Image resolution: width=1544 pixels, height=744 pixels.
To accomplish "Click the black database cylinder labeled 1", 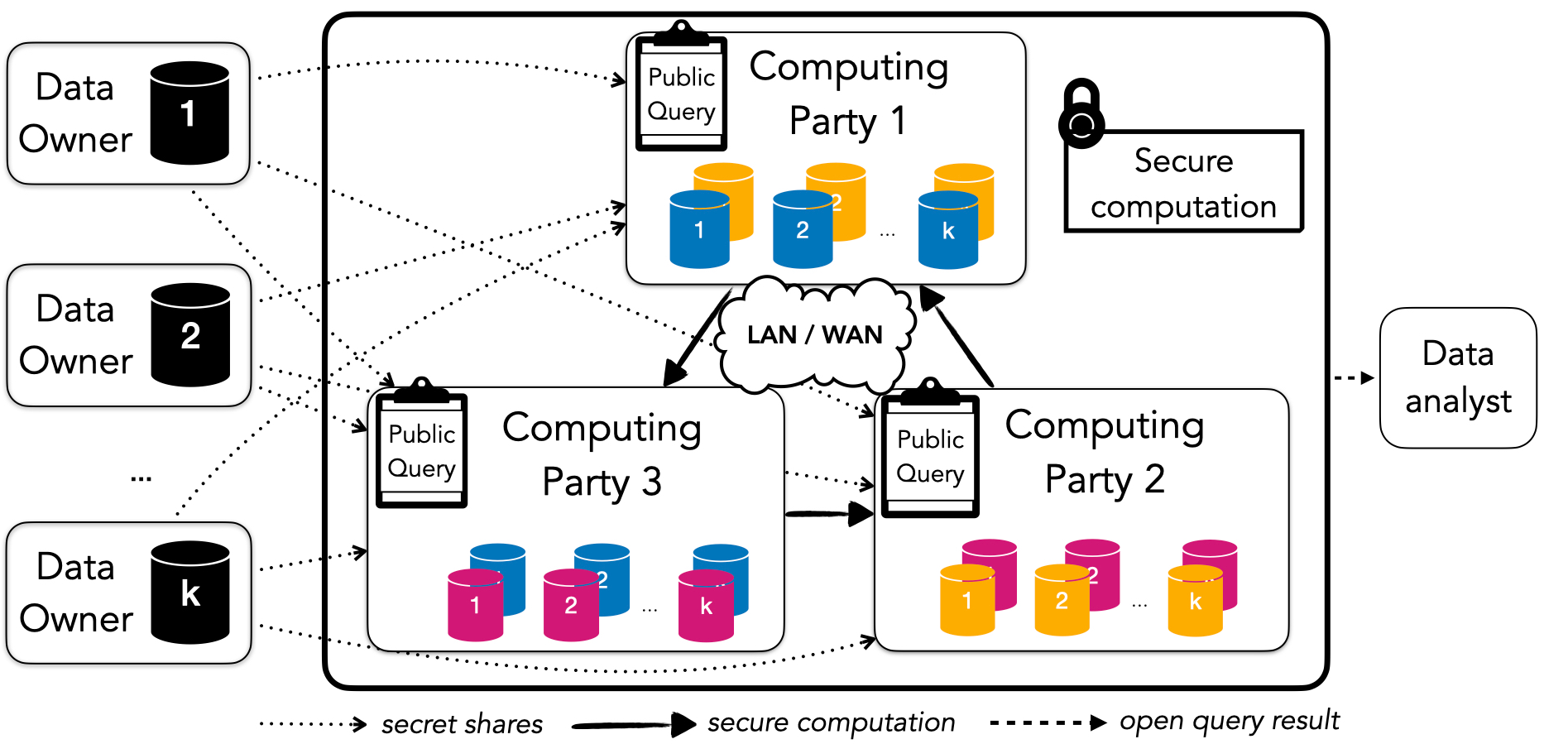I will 189,113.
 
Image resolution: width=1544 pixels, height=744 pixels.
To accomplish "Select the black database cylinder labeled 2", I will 190,334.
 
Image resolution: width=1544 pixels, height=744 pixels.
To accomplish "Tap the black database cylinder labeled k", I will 190,592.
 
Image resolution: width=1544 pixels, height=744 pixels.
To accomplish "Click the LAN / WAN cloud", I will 815,335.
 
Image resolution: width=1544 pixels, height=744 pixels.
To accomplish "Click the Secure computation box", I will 1184,182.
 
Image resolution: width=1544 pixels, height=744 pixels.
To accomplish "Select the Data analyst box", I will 1458,377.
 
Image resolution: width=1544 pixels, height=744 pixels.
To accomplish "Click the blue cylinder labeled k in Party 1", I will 948,231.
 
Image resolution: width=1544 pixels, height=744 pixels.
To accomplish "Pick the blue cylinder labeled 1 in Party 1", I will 699,230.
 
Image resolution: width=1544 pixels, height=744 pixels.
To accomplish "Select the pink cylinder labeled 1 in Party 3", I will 475,605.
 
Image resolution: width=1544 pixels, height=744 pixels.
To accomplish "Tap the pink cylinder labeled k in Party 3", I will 706,606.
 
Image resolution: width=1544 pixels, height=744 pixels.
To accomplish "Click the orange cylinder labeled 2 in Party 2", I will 1062,601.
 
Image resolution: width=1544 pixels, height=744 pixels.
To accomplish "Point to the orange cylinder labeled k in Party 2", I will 1195,601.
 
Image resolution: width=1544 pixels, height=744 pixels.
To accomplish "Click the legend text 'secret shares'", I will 462,724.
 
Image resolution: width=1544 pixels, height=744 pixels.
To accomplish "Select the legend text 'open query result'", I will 1230,721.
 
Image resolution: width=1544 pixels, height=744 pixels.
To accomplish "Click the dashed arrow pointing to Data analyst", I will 1354,378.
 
